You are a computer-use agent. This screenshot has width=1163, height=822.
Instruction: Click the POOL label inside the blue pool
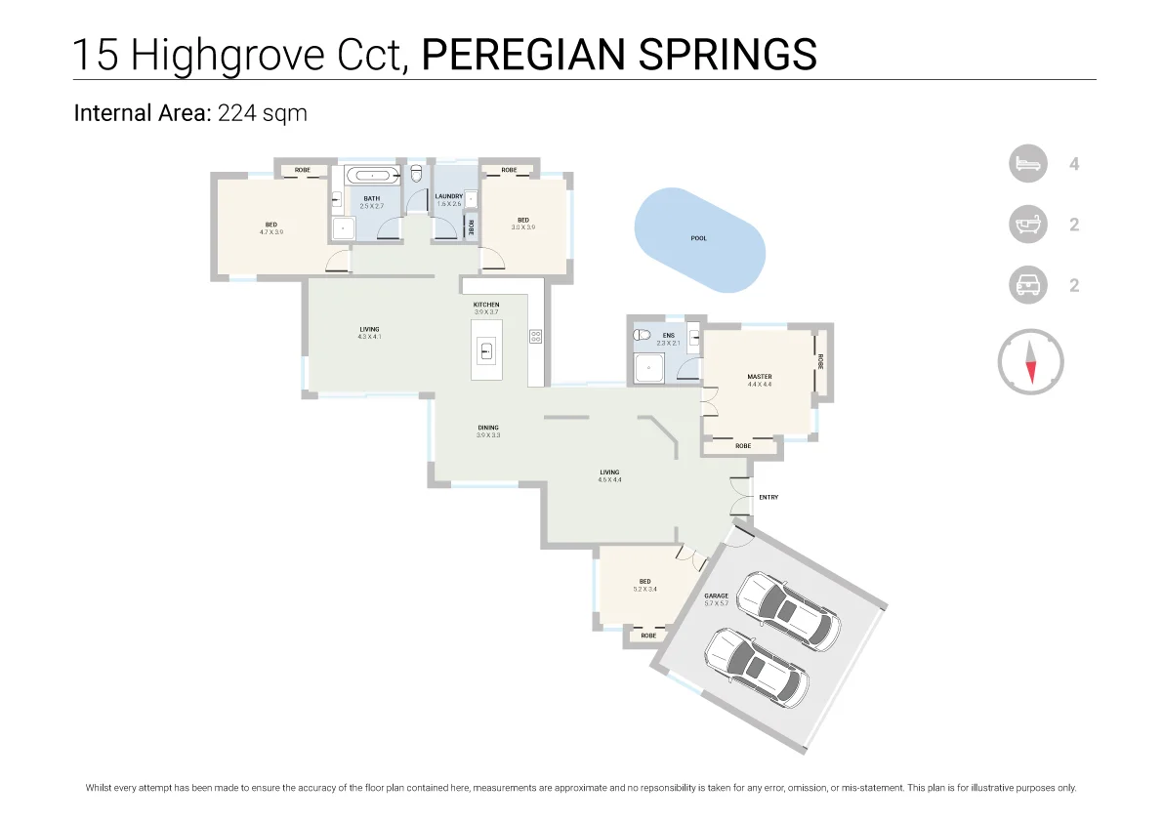click(698, 238)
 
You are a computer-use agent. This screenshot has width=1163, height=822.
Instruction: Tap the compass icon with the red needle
click(1030, 362)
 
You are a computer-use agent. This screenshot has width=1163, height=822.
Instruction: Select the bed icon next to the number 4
click(1027, 164)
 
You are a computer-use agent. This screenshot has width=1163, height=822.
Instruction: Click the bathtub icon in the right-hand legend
click(1027, 225)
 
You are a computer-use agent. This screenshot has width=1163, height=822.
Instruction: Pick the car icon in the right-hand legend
click(1027, 286)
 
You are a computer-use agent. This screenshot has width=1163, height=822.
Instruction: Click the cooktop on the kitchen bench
click(535, 336)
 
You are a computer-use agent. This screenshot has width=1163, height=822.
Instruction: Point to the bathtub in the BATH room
click(372, 177)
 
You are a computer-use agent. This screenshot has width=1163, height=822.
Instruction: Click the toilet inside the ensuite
click(642, 335)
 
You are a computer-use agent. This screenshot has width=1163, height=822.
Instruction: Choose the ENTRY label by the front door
click(768, 498)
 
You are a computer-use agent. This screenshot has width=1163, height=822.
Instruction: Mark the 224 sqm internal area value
click(263, 113)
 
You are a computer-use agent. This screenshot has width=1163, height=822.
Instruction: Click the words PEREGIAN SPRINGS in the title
click(618, 55)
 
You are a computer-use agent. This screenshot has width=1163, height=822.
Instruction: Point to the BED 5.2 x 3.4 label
click(644, 585)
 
